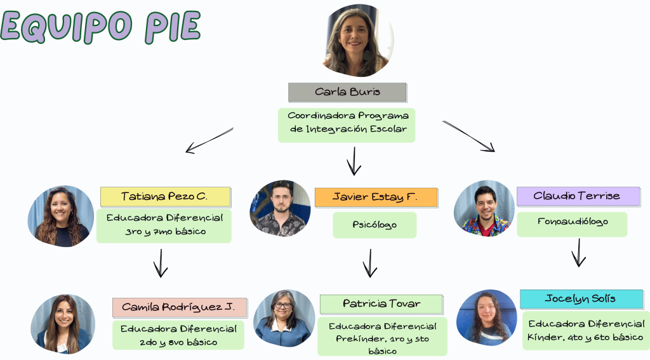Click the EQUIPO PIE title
pyautogui.click(x=101, y=27)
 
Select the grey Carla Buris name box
pyautogui.click(x=347, y=92)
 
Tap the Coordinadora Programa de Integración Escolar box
pyautogui.click(x=347, y=125)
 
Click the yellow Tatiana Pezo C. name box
pyautogui.click(x=166, y=197)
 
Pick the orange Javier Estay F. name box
pyautogui.click(x=376, y=197)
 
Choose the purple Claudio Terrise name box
pyautogui.click(x=578, y=196)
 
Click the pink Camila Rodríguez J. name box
pyautogui.click(x=180, y=307)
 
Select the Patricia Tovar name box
pyautogui.click(x=381, y=304)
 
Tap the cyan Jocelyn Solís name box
pyautogui.click(x=581, y=299)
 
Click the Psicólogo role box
pyautogui.click(x=375, y=225)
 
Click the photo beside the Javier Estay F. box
pyautogui.click(x=280, y=208)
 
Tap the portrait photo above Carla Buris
pyautogui.click(x=357, y=41)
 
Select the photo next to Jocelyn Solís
pyautogui.click(x=487, y=317)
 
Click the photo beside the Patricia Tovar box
pyautogui.click(x=284, y=318)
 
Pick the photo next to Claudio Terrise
pyautogui.click(x=484, y=208)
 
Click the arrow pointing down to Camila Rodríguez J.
pyautogui.click(x=161, y=263)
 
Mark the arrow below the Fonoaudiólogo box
pyautogui.click(x=579, y=253)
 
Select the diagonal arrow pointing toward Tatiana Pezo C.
pyautogui.click(x=209, y=140)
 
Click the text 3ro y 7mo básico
pyautogui.click(x=166, y=231)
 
